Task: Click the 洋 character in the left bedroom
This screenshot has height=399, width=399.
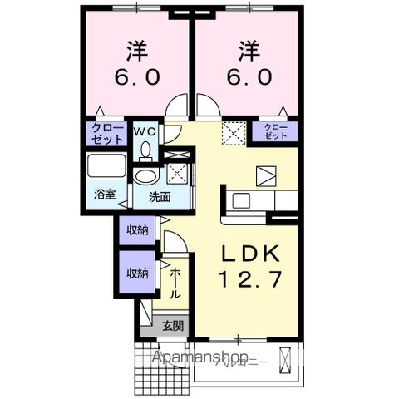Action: tap(137, 52)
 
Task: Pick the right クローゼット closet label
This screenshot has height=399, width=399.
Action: tap(275, 131)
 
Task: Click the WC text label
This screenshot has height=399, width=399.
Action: tap(145, 131)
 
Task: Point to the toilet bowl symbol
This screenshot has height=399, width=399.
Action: tap(145, 150)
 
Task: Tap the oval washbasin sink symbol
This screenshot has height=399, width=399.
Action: tap(146, 177)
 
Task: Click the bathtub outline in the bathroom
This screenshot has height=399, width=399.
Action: tap(106, 165)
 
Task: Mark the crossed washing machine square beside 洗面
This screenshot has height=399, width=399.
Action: tap(177, 174)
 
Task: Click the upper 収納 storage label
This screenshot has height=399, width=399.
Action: tap(136, 231)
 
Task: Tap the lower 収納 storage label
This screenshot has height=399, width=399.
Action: tap(136, 273)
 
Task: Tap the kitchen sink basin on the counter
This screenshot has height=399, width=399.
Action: tap(240, 199)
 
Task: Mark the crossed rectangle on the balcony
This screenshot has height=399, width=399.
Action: tap(287, 360)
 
